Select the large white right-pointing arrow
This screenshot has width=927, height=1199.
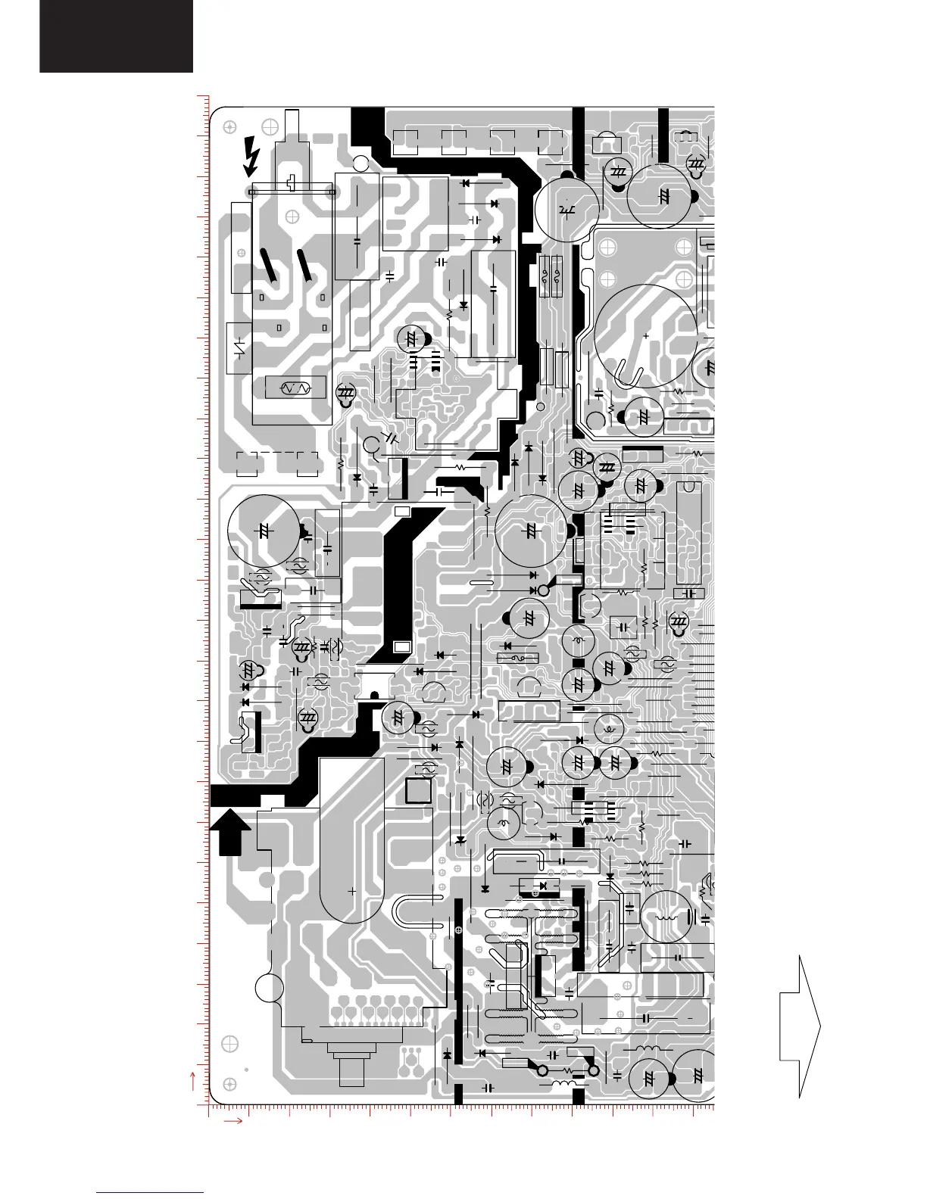click(800, 1026)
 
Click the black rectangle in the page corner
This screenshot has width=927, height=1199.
click(116, 36)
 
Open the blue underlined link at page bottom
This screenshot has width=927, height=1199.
click(150, 1192)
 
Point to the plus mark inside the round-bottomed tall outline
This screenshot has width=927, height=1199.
click(352, 892)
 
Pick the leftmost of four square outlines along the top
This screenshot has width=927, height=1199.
click(406, 142)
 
